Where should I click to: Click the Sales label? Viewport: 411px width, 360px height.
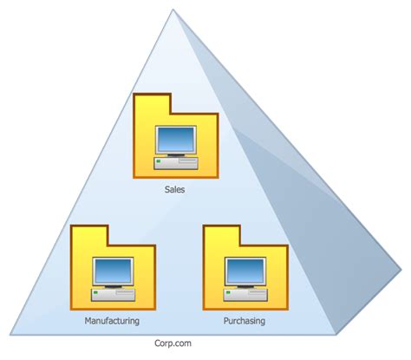click(x=177, y=187)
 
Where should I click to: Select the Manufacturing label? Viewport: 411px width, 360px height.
click(x=113, y=321)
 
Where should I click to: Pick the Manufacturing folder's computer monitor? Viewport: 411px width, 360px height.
click(x=113, y=272)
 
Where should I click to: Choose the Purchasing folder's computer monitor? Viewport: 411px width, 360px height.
click(x=244, y=272)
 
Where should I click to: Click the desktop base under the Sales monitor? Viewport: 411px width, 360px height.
click(x=177, y=161)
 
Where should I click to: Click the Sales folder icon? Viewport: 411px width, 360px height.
click(x=177, y=134)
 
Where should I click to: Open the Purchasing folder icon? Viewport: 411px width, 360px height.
click(x=244, y=268)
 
